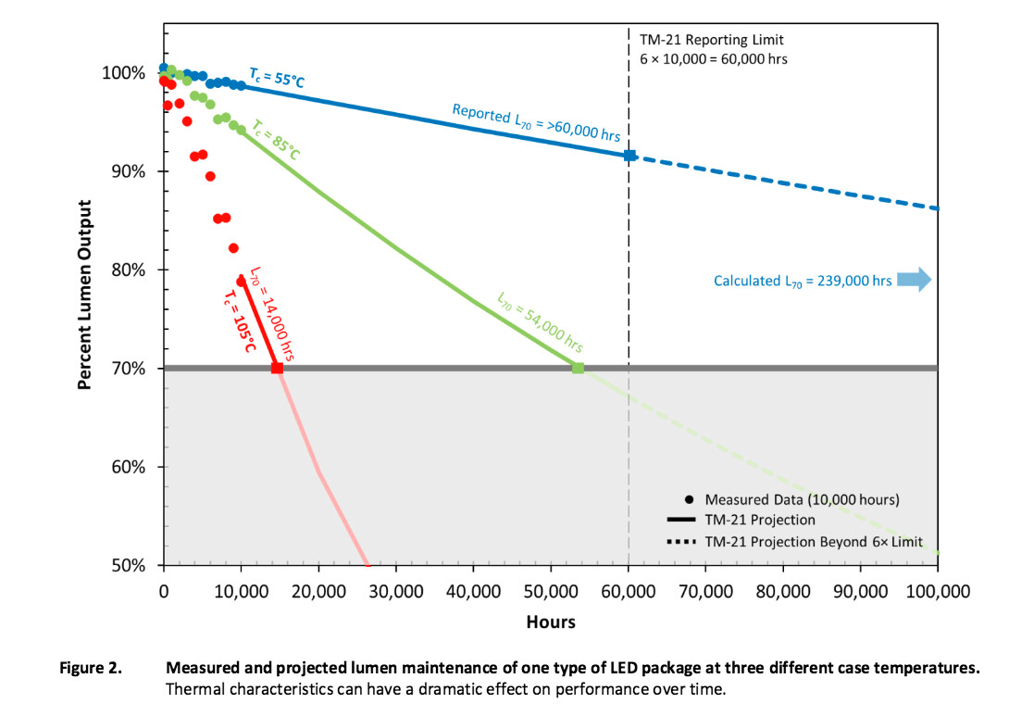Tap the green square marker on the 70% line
tap(578, 368)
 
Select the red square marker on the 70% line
tap(277, 368)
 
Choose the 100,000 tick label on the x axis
tap(937, 591)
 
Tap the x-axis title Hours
tap(551, 622)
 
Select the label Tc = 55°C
tap(276, 78)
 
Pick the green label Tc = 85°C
tap(276, 139)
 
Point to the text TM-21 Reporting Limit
tap(712, 41)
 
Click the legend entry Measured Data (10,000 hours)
tap(802, 499)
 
